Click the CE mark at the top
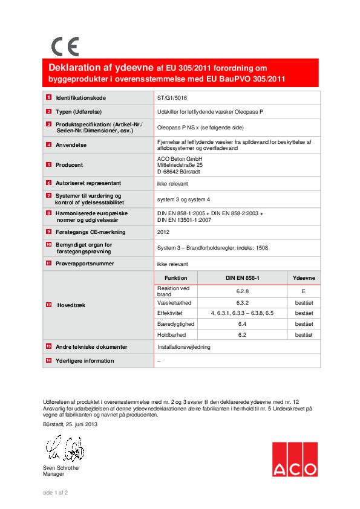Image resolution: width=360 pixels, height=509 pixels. (65, 47)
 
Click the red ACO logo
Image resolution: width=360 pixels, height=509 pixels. (294, 459)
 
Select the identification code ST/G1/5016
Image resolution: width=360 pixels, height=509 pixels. (173, 97)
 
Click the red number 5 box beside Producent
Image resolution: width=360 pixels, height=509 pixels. (48, 164)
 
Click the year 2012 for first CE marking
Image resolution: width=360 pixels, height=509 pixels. (163, 232)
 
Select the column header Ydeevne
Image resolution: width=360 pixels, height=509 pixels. (304, 278)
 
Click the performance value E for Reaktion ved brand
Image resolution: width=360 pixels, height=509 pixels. (304, 291)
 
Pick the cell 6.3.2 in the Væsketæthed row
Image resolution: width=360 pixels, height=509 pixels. (243, 302)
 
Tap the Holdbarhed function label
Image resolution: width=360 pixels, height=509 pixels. (171, 334)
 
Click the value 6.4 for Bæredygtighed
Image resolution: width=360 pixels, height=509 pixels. (243, 324)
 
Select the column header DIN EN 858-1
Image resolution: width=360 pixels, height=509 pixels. (243, 278)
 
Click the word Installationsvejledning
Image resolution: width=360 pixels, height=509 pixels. (184, 347)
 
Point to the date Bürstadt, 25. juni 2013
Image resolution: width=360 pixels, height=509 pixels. (70, 424)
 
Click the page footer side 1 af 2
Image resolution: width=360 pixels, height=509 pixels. (55, 493)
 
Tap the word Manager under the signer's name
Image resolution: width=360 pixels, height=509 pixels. (54, 475)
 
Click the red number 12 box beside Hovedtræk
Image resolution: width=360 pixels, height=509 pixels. (48, 305)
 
